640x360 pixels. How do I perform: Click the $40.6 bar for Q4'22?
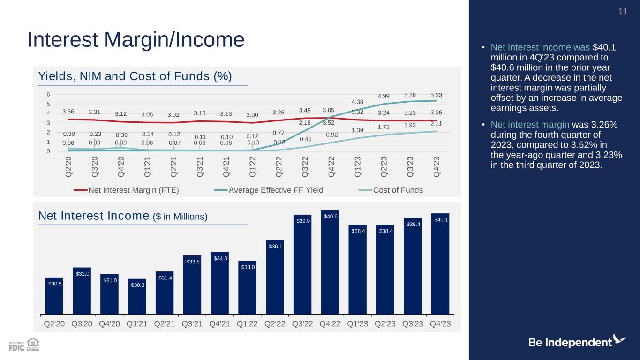pyautogui.click(x=330, y=262)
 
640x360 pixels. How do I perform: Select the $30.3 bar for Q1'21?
pyautogui.click(x=137, y=297)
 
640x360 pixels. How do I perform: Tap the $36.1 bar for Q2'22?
pyautogui.click(x=275, y=277)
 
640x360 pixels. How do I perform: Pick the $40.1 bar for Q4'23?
pyautogui.click(x=440, y=264)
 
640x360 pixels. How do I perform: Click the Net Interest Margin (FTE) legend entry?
pyautogui.click(x=126, y=190)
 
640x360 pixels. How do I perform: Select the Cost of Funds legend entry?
pyautogui.click(x=391, y=190)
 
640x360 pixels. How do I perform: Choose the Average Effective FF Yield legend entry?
pyautogui.click(x=269, y=190)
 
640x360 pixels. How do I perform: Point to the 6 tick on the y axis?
pyautogui.click(x=48, y=94)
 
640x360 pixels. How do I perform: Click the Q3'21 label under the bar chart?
pyautogui.click(x=192, y=324)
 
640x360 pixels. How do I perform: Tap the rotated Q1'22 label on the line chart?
pyautogui.click(x=252, y=166)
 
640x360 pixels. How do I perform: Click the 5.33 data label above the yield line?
pyautogui.click(x=436, y=95)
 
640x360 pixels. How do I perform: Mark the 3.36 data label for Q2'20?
pyautogui.click(x=68, y=112)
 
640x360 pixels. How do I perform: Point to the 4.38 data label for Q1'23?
pyautogui.click(x=357, y=102)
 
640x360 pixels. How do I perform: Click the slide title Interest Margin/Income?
pyautogui.click(x=136, y=39)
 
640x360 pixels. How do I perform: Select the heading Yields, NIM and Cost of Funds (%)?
pyautogui.click(x=135, y=76)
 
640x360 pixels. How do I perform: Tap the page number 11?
pyautogui.click(x=623, y=11)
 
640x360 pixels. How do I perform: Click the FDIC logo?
pyautogui.click(x=16, y=346)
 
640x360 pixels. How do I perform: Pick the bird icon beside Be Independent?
pyautogui.click(x=619, y=339)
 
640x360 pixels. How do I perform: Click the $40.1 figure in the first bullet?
pyautogui.click(x=604, y=47)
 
